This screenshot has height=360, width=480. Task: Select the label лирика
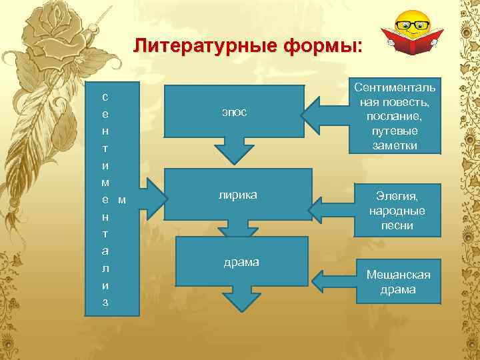tap(238, 195)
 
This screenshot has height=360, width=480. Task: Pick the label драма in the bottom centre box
tap(241, 262)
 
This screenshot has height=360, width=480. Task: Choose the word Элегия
tap(397, 197)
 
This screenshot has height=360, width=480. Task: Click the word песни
tap(397, 226)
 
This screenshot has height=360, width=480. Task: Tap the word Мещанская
tap(398, 275)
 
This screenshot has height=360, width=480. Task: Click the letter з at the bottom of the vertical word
tap(105, 303)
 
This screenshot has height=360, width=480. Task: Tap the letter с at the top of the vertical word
tap(105, 95)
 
